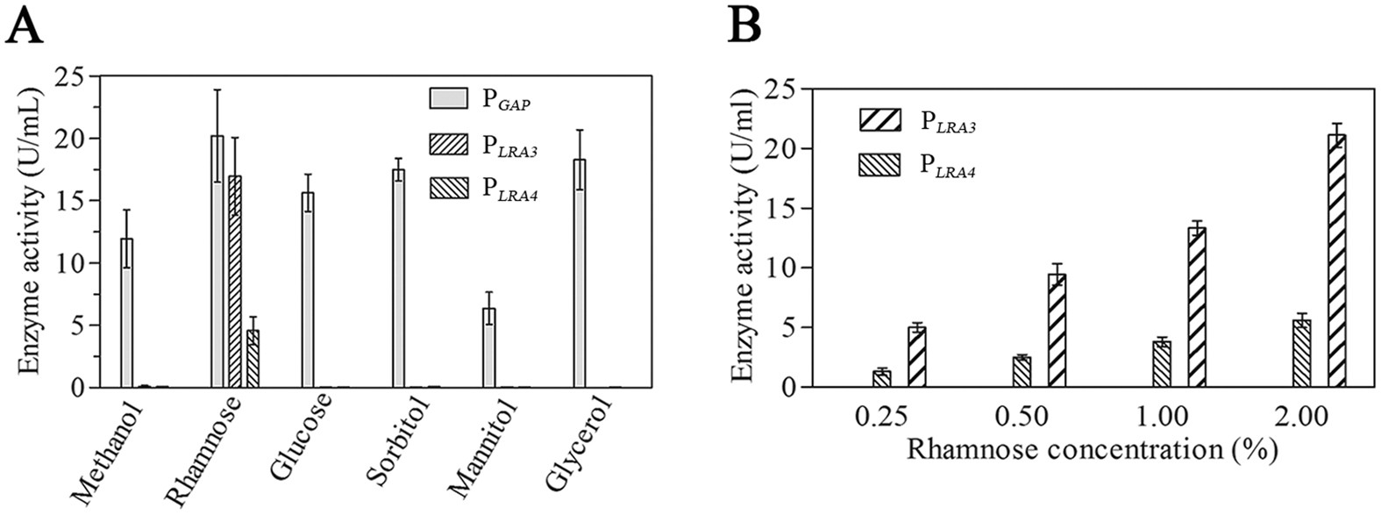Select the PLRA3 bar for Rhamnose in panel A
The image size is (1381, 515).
tap(234, 281)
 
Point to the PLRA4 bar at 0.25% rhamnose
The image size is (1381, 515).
tap(882, 379)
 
